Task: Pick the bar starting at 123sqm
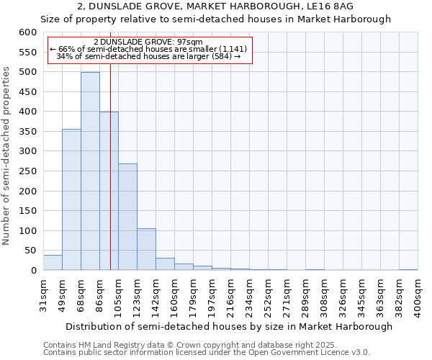point(146,249)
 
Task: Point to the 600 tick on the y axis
point(27,32)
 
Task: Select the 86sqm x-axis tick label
point(99,293)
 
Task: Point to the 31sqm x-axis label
point(43,293)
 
